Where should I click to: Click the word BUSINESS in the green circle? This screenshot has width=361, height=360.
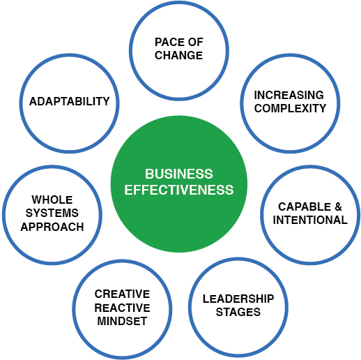point(179,174)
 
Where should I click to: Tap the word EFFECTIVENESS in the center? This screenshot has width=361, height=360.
point(179,190)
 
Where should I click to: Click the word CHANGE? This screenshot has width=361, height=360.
point(178,55)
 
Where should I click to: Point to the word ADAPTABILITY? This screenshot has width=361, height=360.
point(69,101)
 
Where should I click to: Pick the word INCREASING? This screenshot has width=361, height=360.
point(289,95)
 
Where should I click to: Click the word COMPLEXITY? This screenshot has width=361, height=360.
point(290,108)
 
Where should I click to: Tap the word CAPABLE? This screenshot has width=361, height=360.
point(305,207)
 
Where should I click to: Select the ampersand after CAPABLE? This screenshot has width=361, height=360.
point(338,207)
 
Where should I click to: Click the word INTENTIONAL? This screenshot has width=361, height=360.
point(310,220)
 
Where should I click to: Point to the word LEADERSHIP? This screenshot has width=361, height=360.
point(238,299)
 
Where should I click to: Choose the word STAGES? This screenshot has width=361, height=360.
point(238,312)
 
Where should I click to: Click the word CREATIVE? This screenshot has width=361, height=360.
point(122,294)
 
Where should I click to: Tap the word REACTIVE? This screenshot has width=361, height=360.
point(122,308)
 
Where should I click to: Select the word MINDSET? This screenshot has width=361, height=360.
point(122,321)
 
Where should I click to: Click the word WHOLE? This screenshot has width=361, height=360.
point(52,200)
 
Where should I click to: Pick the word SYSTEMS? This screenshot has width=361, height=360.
point(52,213)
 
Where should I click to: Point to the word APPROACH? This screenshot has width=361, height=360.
point(52,227)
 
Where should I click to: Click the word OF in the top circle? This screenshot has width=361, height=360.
point(195,42)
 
